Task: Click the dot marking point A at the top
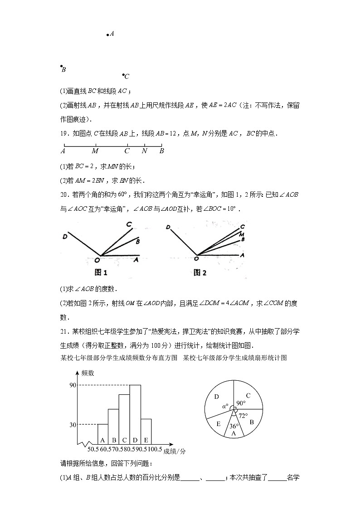coord(107,34)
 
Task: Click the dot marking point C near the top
coord(123,75)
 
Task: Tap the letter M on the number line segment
coord(95,151)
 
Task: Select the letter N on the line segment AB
coord(144,151)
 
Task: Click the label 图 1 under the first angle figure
coord(101,273)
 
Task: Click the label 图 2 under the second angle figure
coord(200,273)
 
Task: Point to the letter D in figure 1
coord(65,236)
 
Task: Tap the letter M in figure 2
coord(242,234)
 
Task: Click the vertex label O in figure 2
coord(196,259)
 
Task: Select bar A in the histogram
coord(102,434)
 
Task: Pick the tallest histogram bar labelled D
coord(135,414)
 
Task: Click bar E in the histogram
coord(146,431)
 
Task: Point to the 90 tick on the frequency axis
coord(72,385)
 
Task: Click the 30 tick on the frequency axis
coord(72,424)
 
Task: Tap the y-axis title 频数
coord(88,373)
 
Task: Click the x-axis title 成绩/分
coord(174,451)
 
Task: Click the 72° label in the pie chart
coord(243,415)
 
